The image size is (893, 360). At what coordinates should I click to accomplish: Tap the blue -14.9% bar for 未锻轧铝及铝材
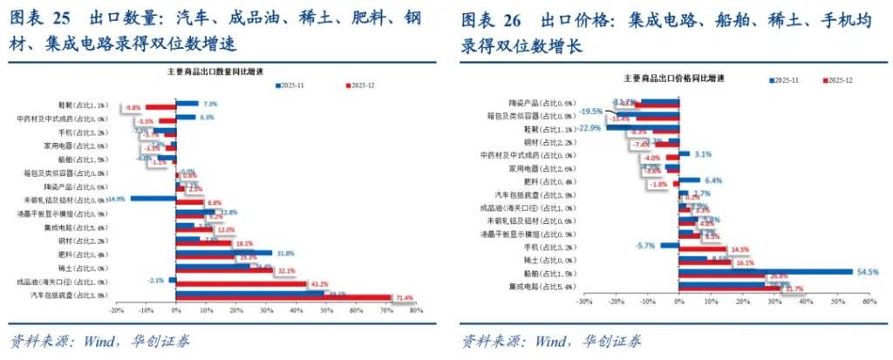(x=153, y=199)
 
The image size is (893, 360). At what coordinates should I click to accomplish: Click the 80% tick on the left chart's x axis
(x=415, y=309)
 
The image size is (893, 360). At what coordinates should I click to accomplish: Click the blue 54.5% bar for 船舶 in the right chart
(x=765, y=272)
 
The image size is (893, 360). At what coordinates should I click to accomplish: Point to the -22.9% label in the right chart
(x=589, y=127)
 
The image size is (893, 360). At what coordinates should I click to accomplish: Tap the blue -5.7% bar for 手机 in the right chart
(x=668, y=245)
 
